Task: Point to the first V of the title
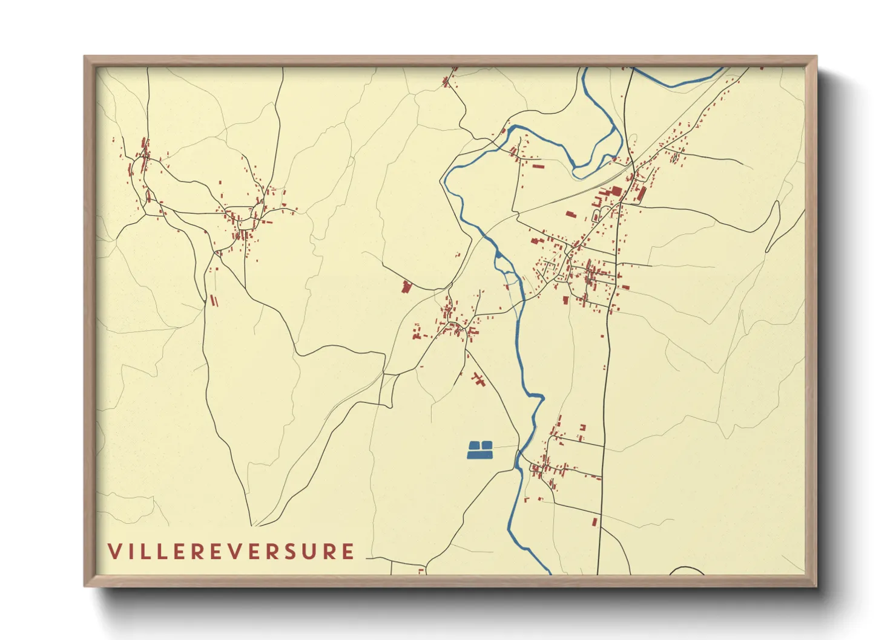point(114,552)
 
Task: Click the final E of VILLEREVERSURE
point(348,552)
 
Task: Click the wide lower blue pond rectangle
point(480,454)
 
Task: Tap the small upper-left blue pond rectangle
point(475,445)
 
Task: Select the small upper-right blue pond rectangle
point(487,445)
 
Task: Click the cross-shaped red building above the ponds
point(479,380)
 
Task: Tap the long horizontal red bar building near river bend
point(538,165)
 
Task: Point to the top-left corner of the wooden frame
point(85,57)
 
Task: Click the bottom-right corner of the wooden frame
point(816,586)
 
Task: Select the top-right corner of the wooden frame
point(816,57)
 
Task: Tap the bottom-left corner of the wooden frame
point(85,586)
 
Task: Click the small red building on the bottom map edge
point(421,570)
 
